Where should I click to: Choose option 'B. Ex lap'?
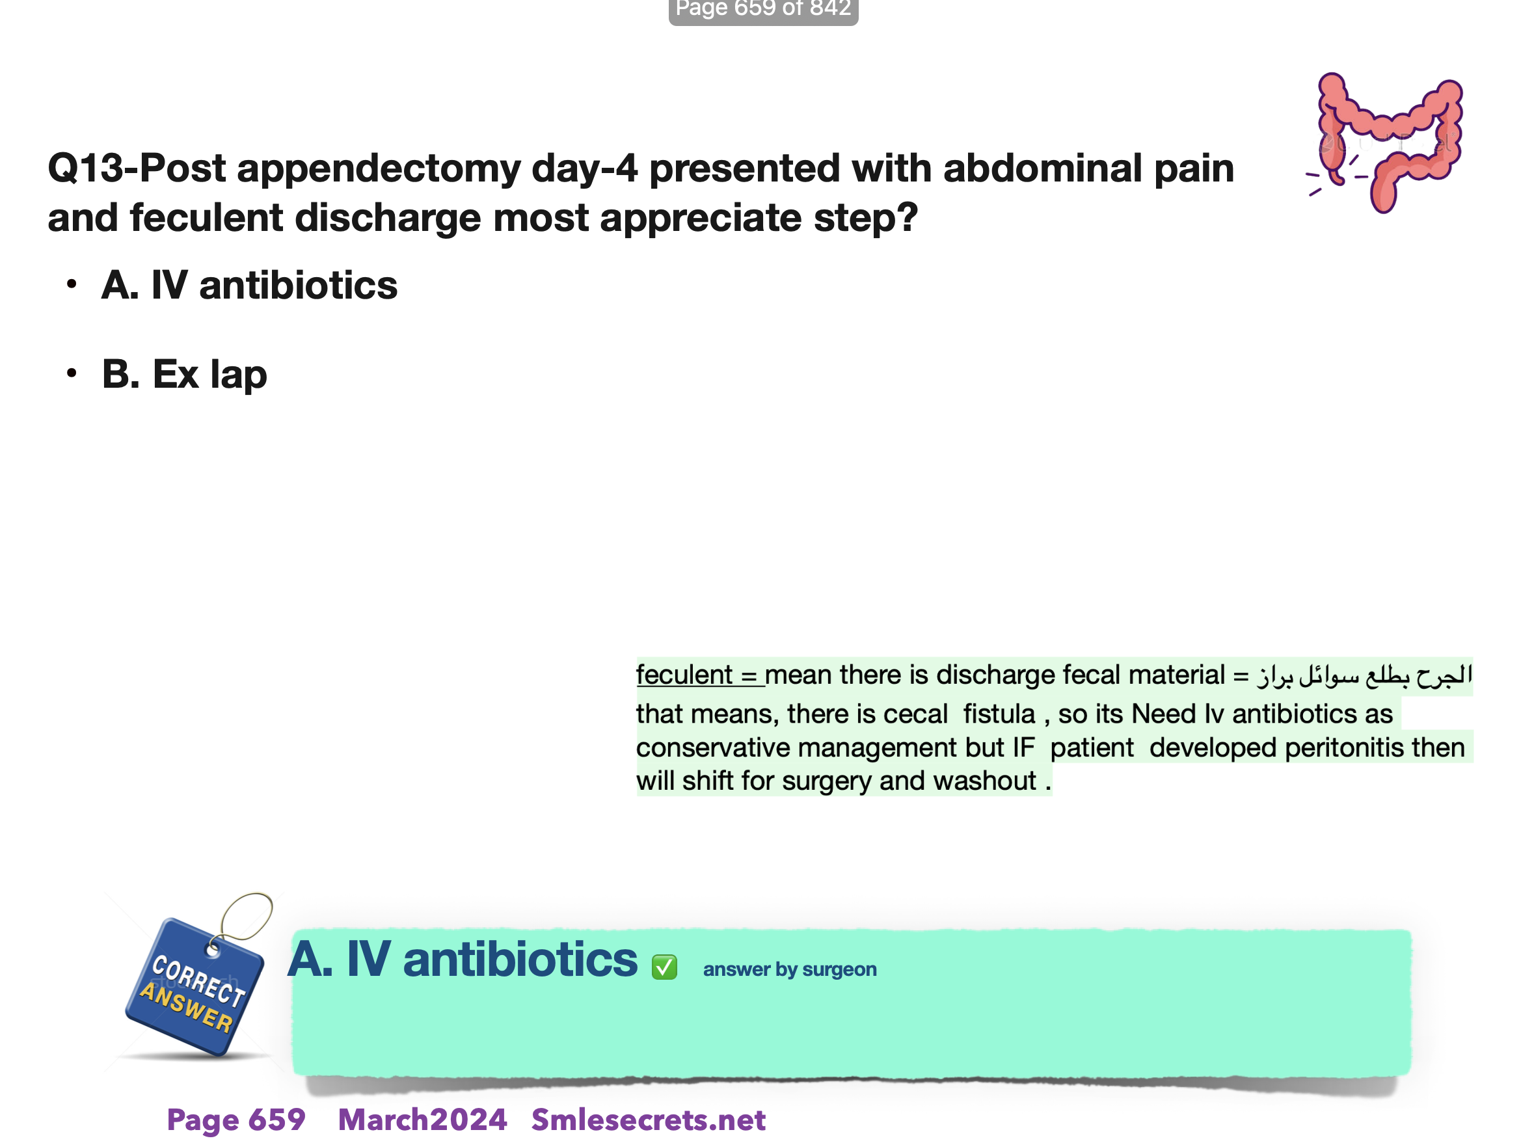pos(184,375)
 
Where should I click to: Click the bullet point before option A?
pos(72,284)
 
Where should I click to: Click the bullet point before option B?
pos(72,373)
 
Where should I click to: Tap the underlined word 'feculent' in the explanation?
pos(684,675)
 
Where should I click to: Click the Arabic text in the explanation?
pos(1365,675)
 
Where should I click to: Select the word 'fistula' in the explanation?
pos(999,714)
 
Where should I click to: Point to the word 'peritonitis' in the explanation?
pos(1345,748)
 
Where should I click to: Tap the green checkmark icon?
pos(664,967)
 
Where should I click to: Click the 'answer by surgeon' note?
pos(789,969)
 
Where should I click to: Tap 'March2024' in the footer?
pos(422,1120)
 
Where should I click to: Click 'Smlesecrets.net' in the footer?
pos(649,1120)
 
